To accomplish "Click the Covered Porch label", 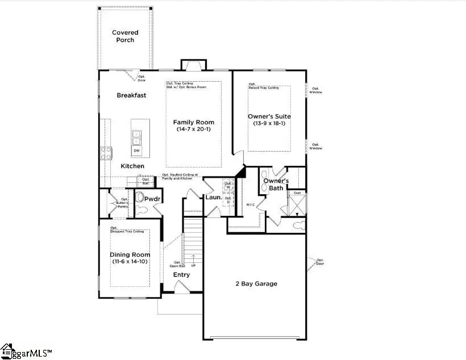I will [x=125, y=36].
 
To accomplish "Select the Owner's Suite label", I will [x=269, y=116].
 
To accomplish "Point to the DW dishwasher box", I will [x=137, y=150].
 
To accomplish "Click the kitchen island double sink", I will [x=137, y=137].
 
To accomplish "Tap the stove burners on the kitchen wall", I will [x=106, y=152].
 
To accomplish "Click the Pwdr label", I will [x=152, y=200].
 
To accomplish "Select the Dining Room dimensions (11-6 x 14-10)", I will [x=130, y=262].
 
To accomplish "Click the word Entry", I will [x=181, y=275].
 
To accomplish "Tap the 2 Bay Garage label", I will [x=257, y=283].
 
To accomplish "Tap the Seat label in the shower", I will [x=297, y=193].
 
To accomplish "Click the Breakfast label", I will [x=131, y=95].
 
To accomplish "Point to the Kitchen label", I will [x=132, y=166].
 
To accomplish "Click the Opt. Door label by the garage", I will [x=320, y=261].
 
